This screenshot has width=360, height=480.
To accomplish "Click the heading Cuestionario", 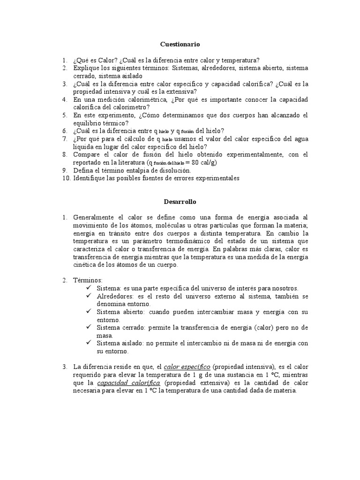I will (180, 44).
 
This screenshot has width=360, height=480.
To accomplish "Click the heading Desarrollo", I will (180, 202).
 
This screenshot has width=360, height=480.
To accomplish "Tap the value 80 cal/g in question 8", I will (202, 162).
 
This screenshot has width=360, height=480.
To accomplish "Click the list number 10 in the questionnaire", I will (65, 178).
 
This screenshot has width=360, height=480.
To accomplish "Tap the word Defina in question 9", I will (82, 170).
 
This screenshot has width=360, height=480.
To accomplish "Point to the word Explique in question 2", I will (86, 68).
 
